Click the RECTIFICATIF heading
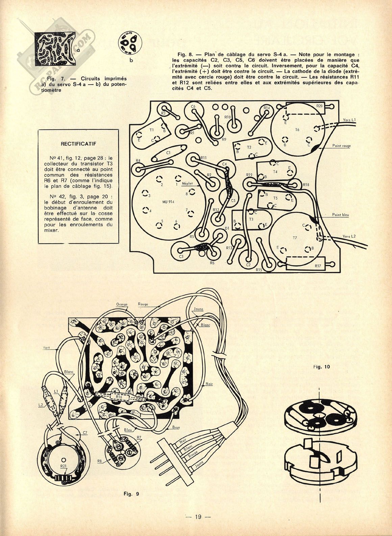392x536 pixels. (78, 143)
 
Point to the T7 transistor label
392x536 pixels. (295, 238)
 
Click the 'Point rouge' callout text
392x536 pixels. (341, 146)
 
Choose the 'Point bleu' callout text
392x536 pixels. (340, 215)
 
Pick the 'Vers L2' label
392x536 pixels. (349, 236)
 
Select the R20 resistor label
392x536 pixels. (320, 106)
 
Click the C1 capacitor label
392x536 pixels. (168, 152)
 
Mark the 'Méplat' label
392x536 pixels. (187, 184)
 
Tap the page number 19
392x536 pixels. (198, 516)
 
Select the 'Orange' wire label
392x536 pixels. (122, 304)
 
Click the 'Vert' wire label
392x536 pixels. (47, 347)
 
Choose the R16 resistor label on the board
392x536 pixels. (119, 397)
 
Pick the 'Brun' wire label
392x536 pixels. (176, 427)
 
